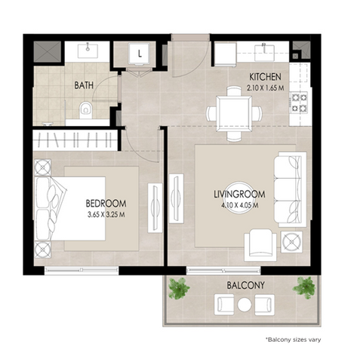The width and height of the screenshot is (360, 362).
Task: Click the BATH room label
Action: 84,85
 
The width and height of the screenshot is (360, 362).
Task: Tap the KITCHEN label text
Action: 265,77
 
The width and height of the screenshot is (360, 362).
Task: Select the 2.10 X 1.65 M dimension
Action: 265,88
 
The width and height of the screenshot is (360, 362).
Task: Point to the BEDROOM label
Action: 106,204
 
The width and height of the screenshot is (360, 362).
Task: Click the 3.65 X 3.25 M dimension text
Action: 106,215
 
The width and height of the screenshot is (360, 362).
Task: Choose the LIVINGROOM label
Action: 239,194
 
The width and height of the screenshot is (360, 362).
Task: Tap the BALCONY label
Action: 245,285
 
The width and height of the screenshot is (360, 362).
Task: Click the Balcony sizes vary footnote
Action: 293,339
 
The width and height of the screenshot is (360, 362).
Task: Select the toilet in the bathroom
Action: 86,110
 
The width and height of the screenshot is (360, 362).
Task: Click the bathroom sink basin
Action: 88,51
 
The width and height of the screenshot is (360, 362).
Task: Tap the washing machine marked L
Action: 139,54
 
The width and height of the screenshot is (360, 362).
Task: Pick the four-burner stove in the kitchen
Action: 300,103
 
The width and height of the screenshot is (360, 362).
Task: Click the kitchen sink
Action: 264,52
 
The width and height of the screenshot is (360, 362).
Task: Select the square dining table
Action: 234,114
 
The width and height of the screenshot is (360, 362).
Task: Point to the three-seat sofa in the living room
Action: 290,189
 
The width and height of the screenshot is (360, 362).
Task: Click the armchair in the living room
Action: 260,245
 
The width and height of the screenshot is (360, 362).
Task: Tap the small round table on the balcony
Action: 245,305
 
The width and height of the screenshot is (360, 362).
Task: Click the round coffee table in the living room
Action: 239,198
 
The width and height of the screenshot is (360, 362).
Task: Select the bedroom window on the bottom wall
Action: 82,271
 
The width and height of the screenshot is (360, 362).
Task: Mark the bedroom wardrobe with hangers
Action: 75,140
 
